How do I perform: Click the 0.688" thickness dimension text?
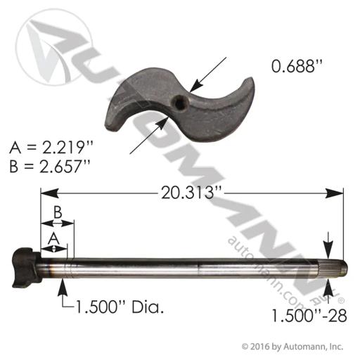point(297,66)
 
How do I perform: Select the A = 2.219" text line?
point(51,148)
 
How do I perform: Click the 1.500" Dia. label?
point(120,307)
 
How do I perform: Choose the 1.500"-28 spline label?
point(309,316)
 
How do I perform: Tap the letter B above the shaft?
point(58,212)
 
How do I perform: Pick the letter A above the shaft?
point(54,239)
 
